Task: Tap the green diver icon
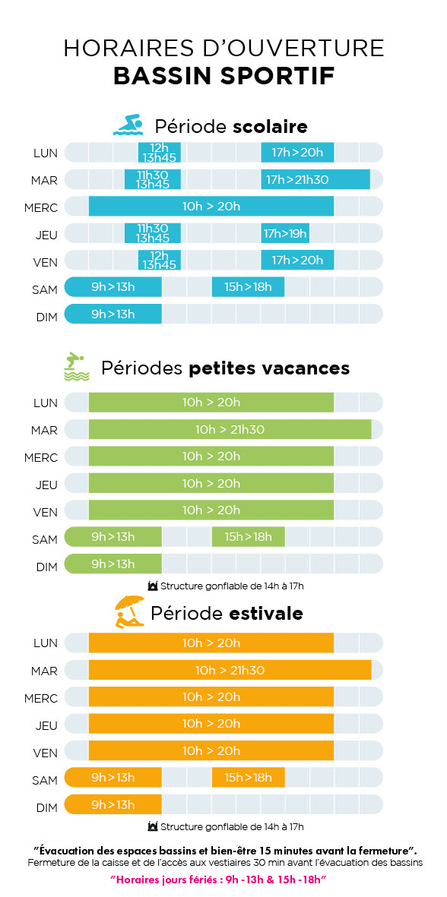pyautogui.click(x=76, y=367)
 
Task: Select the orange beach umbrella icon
pyautogui.click(x=130, y=611)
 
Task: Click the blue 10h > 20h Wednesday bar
pyautogui.click(x=211, y=207)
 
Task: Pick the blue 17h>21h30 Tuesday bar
pyautogui.click(x=315, y=180)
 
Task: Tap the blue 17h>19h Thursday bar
pyautogui.click(x=285, y=233)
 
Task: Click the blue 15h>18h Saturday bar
pyautogui.click(x=248, y=287)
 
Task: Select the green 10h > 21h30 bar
pyautogui.click(x=230, y=429)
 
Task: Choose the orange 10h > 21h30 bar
pyautogui.click(x=230, y=670)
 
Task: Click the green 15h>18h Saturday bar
pyautogui.click(x=248, y=536)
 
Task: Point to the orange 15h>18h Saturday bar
pyautogui.click(x=248, y=778)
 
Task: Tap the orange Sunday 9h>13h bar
pyautogui.click(x=113, y=804)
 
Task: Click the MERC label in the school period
pyautogui.click(x=41, y=207)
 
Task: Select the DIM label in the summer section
pyautogui.click(x=47, y=808)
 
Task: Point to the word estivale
pyautogui.click(x=266, y=613)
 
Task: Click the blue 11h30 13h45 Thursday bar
pyautogui.click(x=153, y=233)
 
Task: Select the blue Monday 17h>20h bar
pyautogui.click(x=297, y=153)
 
